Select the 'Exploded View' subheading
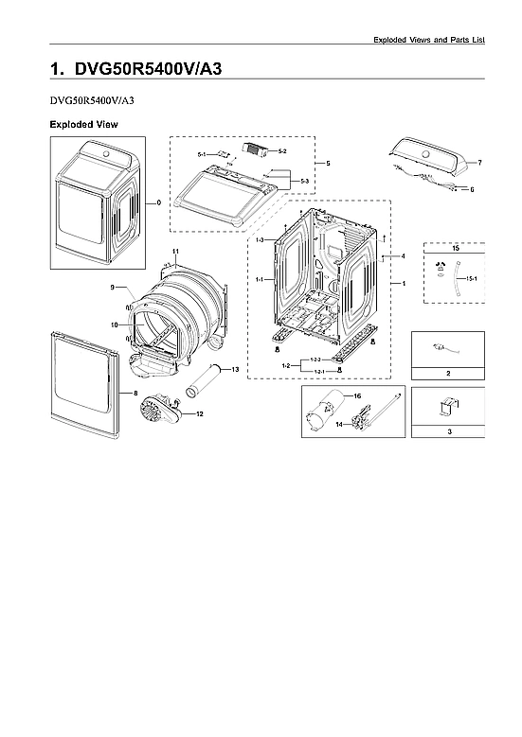click(x=83, y=124)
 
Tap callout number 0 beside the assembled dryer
click(x=158, y=202)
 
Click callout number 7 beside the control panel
click(x=479, y=164)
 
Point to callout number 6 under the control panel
click(x=471, y=189)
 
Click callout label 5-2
click(x=282, y=150)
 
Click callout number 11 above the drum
click(x=176, y=251)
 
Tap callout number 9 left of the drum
click(x=112, y=287)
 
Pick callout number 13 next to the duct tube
click(x=235, y=368)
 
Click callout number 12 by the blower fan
click(x=199, y=413)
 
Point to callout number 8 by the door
click(x=135, y=393)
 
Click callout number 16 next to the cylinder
click(x=357, y=395)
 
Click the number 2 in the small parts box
click(x=448, y=375)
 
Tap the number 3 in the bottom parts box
click(x=448, y=430)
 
